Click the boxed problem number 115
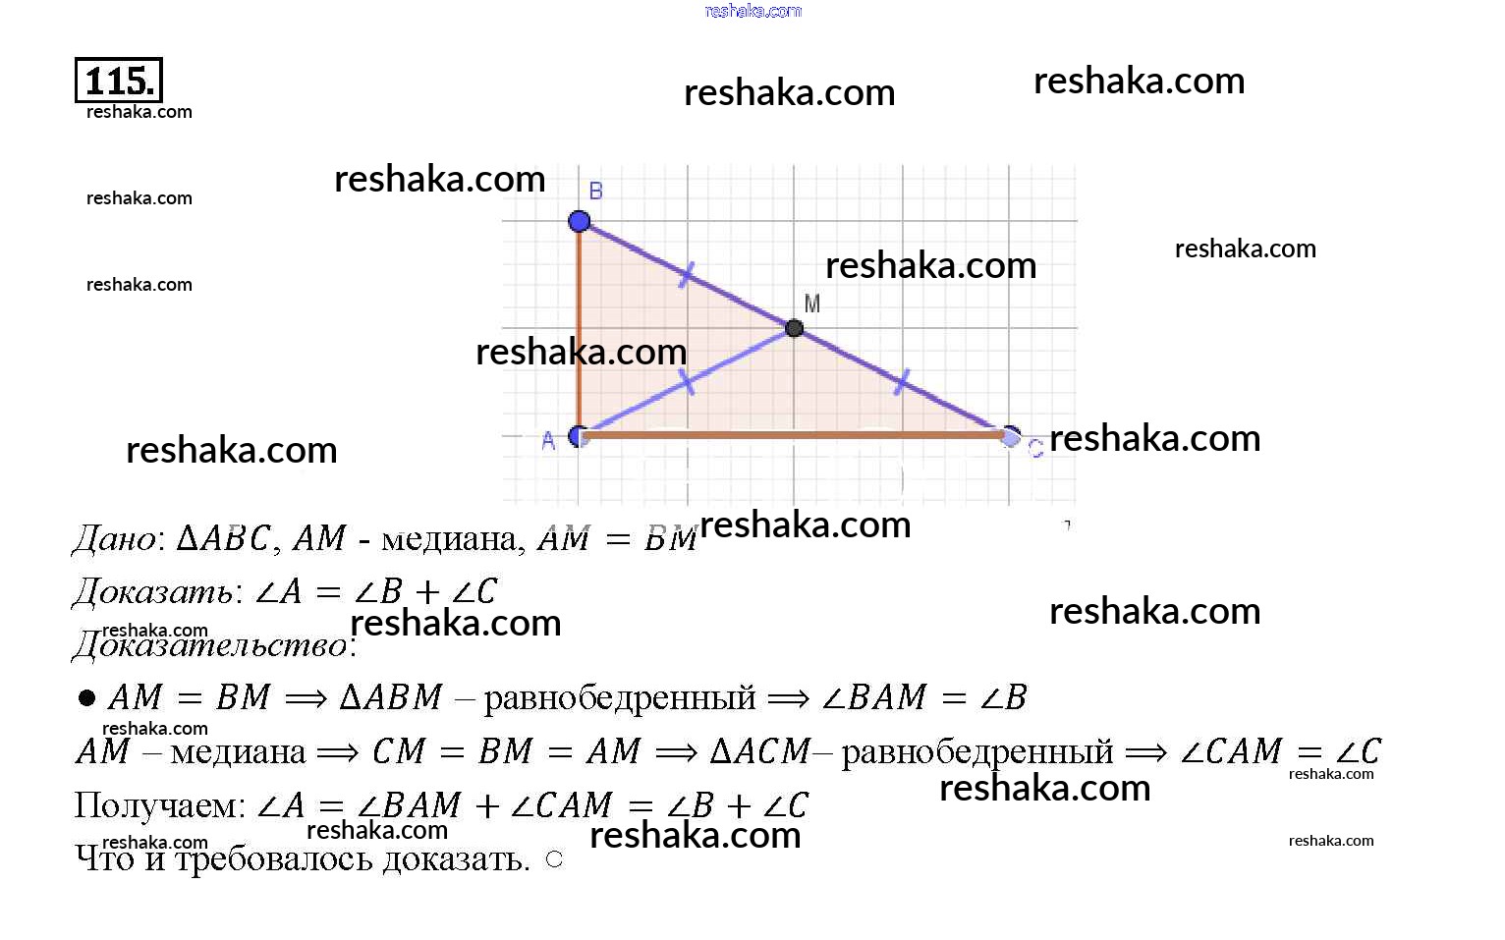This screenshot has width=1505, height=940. tap(119, 81)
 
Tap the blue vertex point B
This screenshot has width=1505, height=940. tap(580, 221)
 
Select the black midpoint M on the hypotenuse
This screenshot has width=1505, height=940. tap(795, 328)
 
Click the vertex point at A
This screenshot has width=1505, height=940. tap(580, 435)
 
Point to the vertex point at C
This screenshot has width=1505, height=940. tap(1010, 436)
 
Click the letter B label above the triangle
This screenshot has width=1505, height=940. tap(595, 191)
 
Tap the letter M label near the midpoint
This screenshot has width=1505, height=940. tap(812, 304)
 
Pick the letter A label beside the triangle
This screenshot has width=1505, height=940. tap(548, 441)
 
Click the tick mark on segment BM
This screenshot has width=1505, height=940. tap(687, 274)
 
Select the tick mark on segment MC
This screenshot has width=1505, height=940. tap(902, 382)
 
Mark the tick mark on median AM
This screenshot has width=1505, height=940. tap(688, 381)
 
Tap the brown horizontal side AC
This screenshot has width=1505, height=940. tap(794, 434)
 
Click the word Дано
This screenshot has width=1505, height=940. tap(115, 539)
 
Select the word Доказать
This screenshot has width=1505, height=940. tap(153, 592)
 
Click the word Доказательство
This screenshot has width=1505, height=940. tap(211, 645)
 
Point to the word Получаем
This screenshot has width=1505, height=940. tap(157, 806)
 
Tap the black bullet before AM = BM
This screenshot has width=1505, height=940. tap(87, 698)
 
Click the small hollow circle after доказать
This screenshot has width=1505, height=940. tap(554, 859)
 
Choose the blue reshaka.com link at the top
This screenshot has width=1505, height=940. tap(753, 11)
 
